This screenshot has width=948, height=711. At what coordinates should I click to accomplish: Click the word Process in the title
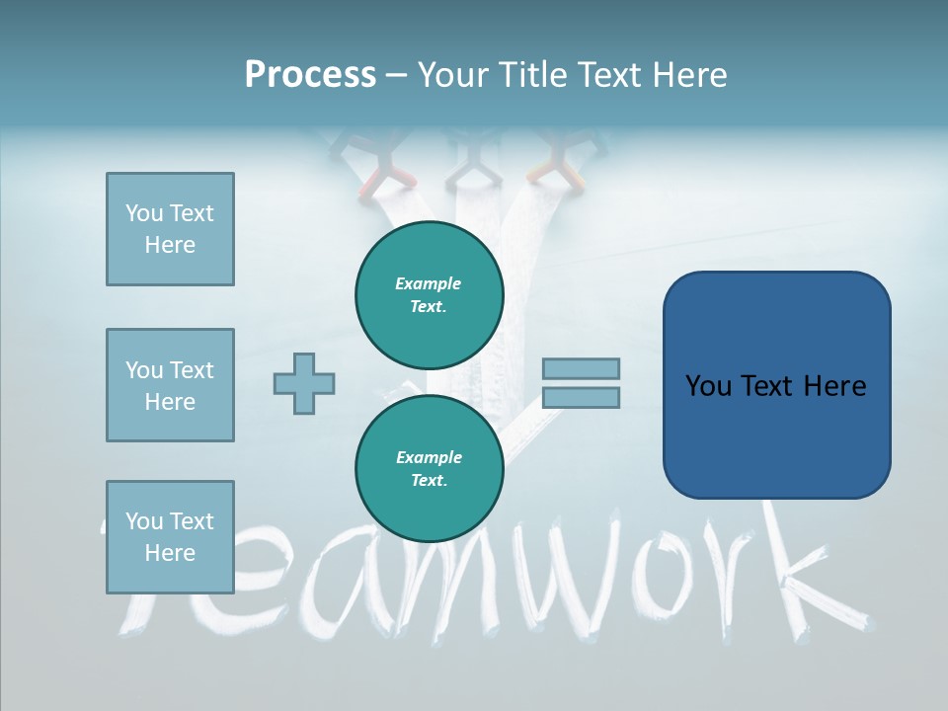tap(310, 75)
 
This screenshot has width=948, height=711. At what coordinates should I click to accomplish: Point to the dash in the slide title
tap(396, 76)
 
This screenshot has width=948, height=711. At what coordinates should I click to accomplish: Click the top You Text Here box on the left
tap(170, 229)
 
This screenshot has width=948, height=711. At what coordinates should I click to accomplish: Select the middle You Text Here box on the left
tap(170, 385)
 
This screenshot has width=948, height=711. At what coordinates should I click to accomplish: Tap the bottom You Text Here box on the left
tap(170, 537)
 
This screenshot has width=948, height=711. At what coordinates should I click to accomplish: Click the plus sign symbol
tap(304, 383)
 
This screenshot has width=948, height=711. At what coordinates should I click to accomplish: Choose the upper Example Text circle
tap(430, 294)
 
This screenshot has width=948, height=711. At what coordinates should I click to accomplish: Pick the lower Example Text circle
tap(430, 468)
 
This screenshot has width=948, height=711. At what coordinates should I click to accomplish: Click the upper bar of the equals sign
tap(581, 368)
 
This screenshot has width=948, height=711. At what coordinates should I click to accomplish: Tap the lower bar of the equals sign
tap(581, 397)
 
